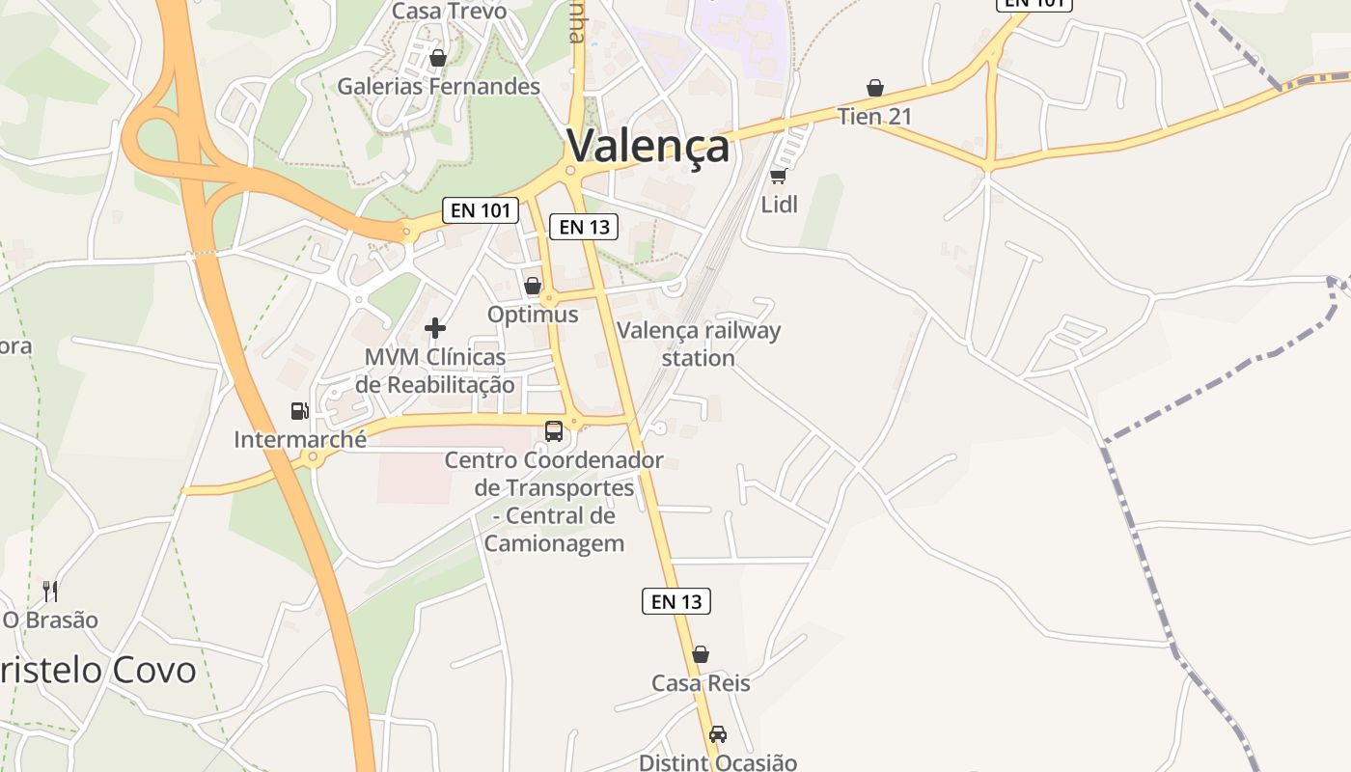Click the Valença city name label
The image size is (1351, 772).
[x=648, y=147]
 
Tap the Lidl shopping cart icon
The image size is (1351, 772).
[x=779, y=176]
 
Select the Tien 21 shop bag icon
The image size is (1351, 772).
[x=875, y=89]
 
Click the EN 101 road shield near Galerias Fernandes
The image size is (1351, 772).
[x=480, y=210]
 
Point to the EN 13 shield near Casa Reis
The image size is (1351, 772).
[x=676, y=601]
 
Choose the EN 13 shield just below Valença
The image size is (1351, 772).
[x=584, y=227]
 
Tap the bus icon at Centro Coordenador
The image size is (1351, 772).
[x=554, y=431]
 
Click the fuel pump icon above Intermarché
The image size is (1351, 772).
[x=300, y=411]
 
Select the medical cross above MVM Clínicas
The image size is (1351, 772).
[x=435, y=328]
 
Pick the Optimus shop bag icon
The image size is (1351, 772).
[x=533, y=286]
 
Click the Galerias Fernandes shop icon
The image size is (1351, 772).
[x=438, y=59]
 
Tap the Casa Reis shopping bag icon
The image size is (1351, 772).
[x=701, y=654]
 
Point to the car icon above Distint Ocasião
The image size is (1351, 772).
[x=717, y=734]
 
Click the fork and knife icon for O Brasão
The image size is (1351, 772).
[x=50, y=591]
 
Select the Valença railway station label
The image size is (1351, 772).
[x=699, y=345]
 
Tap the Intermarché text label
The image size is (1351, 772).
[x=300, y=440]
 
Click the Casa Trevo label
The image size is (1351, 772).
[x=449, y=12]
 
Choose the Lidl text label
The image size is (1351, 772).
[x=780, y=205]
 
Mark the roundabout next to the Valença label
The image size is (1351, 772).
[x=571, y=172]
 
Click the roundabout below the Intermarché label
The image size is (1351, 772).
[x=311, y=458]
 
